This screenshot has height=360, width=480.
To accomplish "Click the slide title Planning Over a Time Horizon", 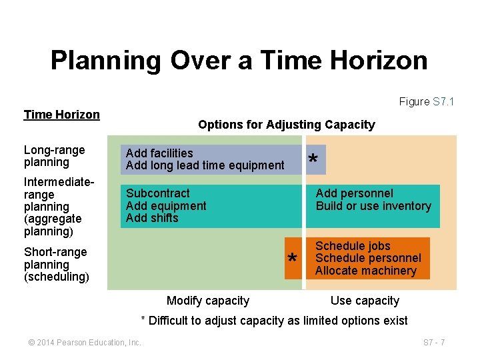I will tap(239, 61).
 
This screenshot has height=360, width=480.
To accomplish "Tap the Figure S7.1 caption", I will tap(426, 101).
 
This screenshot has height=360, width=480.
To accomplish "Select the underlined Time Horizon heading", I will tap(61, 114).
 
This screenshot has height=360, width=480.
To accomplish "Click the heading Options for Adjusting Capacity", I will tap(286, 125).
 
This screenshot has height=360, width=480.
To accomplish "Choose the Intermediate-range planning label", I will tap(53, 207).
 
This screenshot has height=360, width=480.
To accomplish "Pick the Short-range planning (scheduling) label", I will tap(56, 264).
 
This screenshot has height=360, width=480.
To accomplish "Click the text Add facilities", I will tap(159, 153).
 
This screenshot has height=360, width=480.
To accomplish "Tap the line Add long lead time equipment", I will tap(205, 165).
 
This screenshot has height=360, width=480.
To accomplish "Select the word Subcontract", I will tap(158, 193).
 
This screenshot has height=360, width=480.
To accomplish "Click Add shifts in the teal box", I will tap(152, 218).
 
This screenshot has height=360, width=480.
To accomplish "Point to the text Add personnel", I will tap(354, 193).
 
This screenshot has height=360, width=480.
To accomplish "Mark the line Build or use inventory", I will tap(373, 206).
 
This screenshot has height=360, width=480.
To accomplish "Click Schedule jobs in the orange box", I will tap(353, 246).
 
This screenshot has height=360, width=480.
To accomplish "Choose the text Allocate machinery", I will tap(365, 271).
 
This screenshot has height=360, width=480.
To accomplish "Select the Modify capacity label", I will tap(207, 301).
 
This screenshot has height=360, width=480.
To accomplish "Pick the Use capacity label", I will tap(365, 301).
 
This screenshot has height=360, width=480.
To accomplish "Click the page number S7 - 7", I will tap(434, 343).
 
